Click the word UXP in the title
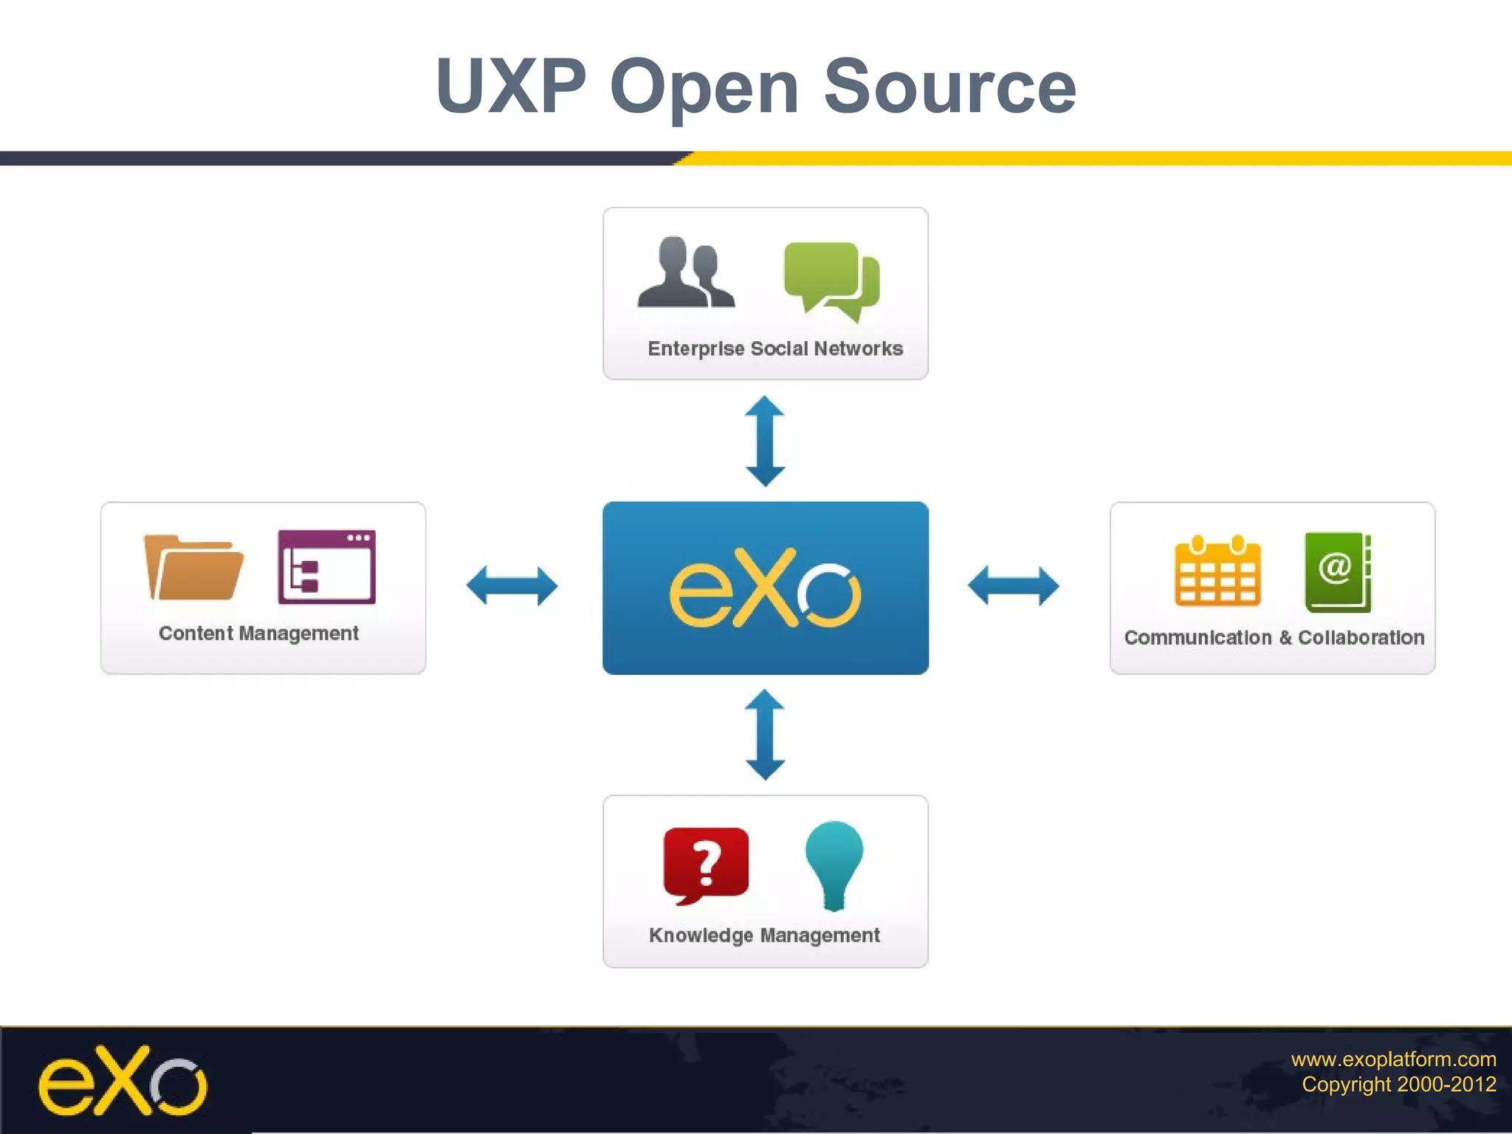pos(511,87)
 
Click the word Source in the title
pos(949,87)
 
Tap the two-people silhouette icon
pos(686,273)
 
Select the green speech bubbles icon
pos(832,280)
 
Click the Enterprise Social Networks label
pos(774,348)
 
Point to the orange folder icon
pos(193,567)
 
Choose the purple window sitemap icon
pos(326,567)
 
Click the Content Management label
pos(258,633)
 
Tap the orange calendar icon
pos(1217,571)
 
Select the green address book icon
pos(1337,571)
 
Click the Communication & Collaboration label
pos(1274,638)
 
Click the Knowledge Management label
pos(764,935)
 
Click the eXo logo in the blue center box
pos(765,589)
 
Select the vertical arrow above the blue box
pos(765,441)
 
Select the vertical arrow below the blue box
pos(765,735)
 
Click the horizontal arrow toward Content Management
pos(512,586)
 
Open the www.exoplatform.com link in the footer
pos(1393,1059)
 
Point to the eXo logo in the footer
pos(123,1081)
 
